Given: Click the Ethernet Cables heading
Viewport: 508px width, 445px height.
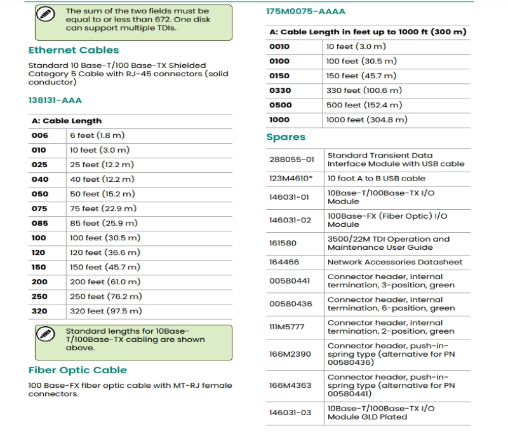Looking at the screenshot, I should click(73, 50).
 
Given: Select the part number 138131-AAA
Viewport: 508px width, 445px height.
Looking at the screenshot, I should click(55, 100).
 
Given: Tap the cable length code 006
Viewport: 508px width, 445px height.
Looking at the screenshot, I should click(39, 135).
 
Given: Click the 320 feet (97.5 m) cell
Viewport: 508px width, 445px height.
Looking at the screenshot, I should click(105, 311).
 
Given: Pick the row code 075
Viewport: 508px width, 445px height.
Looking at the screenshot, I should click(39, 209).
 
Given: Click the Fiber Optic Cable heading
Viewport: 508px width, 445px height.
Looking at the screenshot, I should click(77, 370).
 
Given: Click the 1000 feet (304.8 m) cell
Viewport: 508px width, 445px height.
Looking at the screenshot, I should click(366, 120).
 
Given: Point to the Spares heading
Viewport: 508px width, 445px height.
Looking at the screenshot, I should click(286, 137).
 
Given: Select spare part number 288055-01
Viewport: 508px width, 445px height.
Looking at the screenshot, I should click(291, 160).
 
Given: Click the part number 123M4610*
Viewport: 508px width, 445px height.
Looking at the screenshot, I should click(291, 179).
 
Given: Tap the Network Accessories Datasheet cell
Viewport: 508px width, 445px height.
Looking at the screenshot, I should click(394, 262).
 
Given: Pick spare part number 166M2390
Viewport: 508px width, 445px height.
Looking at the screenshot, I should click(290, 354).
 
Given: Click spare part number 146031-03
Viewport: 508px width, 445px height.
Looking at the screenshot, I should click(290, 413).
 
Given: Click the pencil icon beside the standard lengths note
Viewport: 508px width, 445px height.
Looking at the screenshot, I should click(44, 334).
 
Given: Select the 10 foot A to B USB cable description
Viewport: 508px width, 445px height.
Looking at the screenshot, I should click(376, 179).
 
